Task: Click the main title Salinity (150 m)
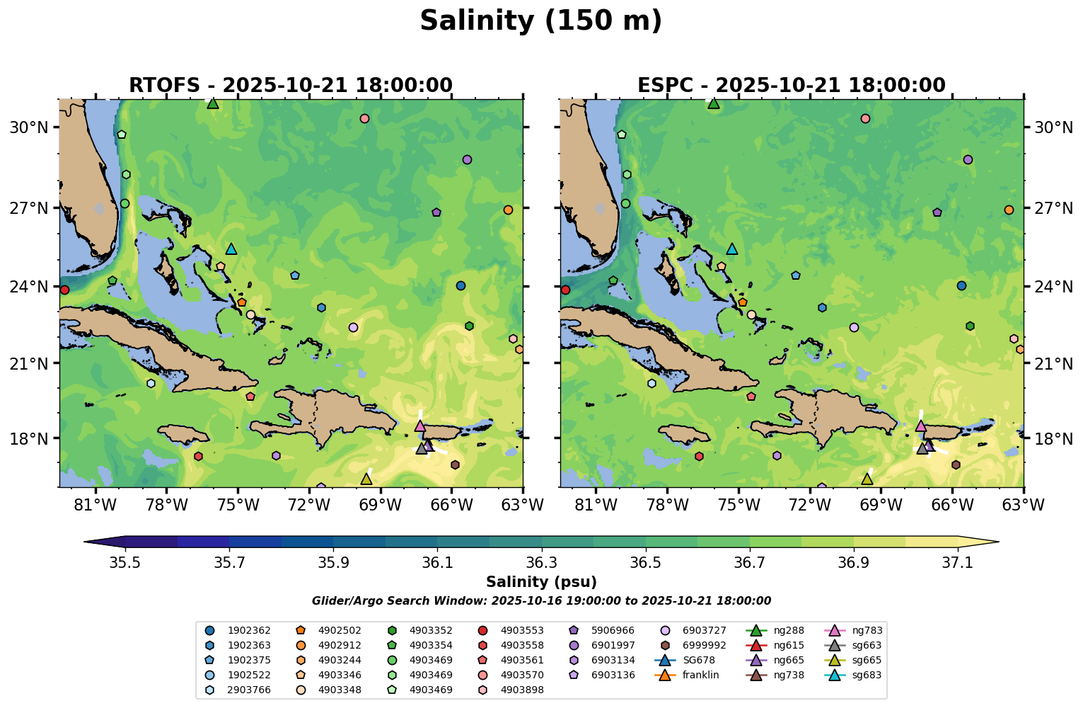click(x=541, y=21)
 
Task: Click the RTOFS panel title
click(x=290, y=86)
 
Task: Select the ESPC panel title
click(x=792, y=86)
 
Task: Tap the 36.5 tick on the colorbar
click(x=645, y=562)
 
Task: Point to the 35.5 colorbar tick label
click(x=125, y=562)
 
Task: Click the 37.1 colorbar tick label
click(x=958, y=562)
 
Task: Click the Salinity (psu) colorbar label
click(x=541, y=582)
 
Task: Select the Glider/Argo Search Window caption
click(x=541, y=601)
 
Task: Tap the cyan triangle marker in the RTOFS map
click(x=231, y=249)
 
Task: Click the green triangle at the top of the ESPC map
click(x=714, y=103)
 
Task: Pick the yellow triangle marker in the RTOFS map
click(x=366, y=479)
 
